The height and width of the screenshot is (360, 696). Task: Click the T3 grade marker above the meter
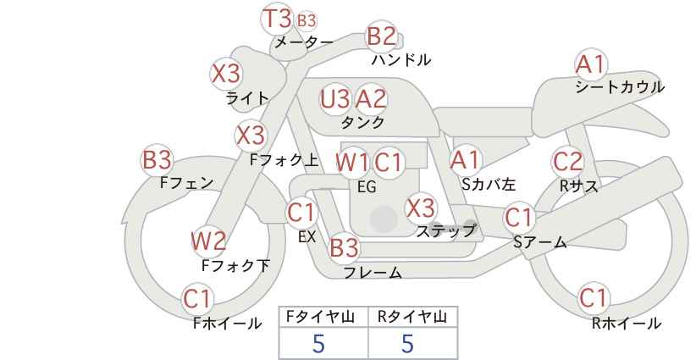pos(278,19)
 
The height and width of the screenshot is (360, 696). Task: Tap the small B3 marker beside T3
pos(307,20)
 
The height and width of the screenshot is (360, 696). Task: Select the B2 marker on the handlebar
pos(382,36)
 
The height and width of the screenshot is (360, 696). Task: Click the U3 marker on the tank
pos(334,99)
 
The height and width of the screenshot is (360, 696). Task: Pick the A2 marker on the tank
pos(371,99)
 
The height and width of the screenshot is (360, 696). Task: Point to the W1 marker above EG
pos(352,163)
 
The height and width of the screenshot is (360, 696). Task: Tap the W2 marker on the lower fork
pos(208,241)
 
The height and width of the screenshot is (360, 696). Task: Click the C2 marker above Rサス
pos(567,162)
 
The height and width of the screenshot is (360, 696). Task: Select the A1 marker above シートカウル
pos(591,64)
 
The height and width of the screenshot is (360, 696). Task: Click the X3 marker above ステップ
pos(420,208)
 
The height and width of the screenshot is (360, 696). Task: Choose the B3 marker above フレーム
pos(345,247)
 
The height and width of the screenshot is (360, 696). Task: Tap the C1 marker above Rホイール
pos(594,298)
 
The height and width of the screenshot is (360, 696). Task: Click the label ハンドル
pos(401,59)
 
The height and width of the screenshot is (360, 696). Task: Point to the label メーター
pos(304,42)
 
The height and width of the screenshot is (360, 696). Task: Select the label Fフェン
pos(187,183)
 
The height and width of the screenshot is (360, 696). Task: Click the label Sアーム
pos(540,242)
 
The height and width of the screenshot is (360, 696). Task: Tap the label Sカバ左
pos(489,184)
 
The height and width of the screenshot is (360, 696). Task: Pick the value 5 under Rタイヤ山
pos(407,343)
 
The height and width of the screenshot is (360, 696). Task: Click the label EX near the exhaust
pos(307,237)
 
